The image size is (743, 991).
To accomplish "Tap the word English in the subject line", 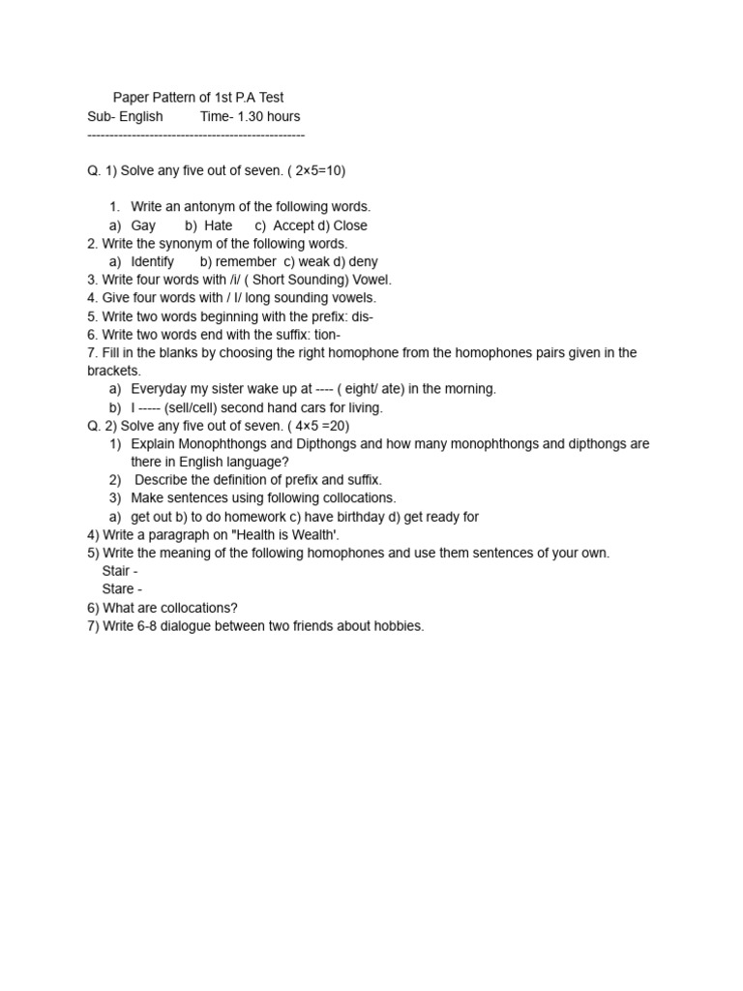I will click(141, 116).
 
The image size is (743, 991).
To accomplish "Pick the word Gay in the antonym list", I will click(143, 225).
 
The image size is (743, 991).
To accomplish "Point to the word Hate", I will click(219, 225).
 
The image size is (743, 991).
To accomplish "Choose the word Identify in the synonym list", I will click(153, 261).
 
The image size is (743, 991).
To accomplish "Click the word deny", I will click(363, 261).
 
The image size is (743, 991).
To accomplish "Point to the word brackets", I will click(114, 371).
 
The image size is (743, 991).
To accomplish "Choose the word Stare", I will click(118, 589).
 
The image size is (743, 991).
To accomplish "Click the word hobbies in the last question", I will click(397, 626).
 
